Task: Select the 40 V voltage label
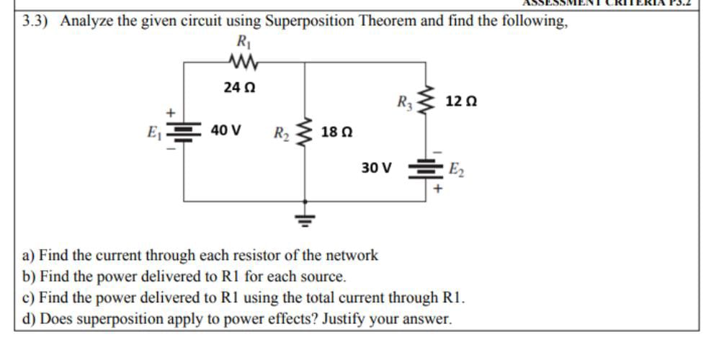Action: (x=225, y=132)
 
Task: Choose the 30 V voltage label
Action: (x=377, y=168)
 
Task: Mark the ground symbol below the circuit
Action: (x=305, y=218)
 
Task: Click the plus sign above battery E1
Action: (x=171, y=112)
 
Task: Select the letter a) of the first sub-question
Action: (x=30, y=255)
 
